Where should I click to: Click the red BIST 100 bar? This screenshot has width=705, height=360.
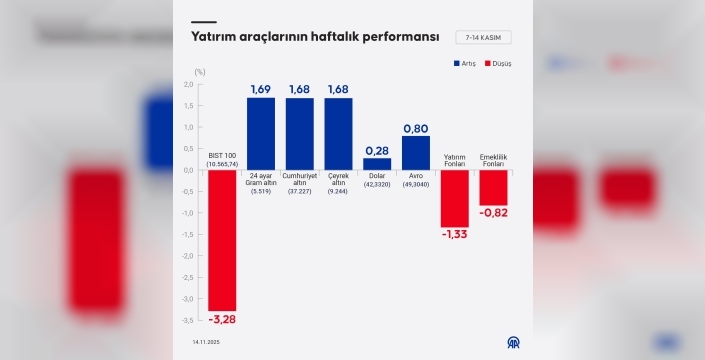pyautogui.click(x=222, y=240)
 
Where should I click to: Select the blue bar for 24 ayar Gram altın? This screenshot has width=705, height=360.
pyautogui.click(x=261, y=134)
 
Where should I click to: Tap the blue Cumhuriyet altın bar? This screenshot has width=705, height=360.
pyautogui.click(x=299, y=134)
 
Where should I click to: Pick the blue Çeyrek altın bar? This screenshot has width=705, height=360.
pyautogui.click(x=338, y=134)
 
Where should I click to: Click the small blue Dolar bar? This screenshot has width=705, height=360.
pyautogui.click(x=377, y=164)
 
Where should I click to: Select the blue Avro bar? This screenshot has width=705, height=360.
pyautogui.click(x=416, y=153)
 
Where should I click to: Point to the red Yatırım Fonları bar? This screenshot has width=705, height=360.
pyautogui.click(x=455, y=198)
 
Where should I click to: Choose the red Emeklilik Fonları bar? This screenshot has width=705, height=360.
pyautogui.click(x=494, y=187)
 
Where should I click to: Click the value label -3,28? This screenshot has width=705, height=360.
pyautogui.click(x=222, y=319)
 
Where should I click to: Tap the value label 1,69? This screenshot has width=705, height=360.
pyautogui.click(x=261, y=90)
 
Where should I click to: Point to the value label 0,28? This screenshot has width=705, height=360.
pyautogui.click(x=377, y=150)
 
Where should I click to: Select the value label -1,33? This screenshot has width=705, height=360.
pyautogui.click(x=455, y=234)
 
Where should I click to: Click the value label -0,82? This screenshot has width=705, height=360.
pyautogui.click(x=494, y=213)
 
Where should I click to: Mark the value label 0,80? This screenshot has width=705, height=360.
pyautogui.click(x=416, y=129)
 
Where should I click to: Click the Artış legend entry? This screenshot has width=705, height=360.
pyautogui.click(x=464, y=63)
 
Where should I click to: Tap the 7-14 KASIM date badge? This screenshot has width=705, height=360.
pyautogui.click(x=484, y=38)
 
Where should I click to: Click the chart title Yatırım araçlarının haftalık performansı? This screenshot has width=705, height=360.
pyautogui.click(x=315, y=37)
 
